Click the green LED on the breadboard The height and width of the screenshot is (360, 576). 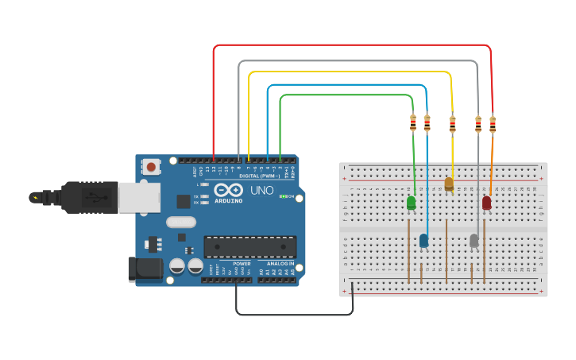411,203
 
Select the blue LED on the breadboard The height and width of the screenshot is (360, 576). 423,240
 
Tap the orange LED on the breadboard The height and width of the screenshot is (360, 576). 449,184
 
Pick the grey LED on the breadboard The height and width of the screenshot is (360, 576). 474,240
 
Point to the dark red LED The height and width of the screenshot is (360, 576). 486,203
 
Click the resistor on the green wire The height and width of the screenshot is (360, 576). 413,122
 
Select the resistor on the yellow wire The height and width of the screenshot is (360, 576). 452,124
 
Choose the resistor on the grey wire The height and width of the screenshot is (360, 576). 477,123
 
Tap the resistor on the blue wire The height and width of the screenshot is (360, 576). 427,123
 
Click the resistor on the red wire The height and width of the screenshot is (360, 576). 493,124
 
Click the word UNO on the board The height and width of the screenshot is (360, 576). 262,192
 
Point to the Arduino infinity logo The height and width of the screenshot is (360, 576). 228,191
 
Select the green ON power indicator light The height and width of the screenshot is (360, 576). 283,196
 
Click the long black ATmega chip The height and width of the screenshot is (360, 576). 250,246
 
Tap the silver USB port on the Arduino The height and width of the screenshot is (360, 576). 138,197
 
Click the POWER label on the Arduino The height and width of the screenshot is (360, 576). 242,263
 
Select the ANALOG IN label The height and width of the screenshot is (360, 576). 280,263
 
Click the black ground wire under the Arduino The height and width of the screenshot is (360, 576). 294,314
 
